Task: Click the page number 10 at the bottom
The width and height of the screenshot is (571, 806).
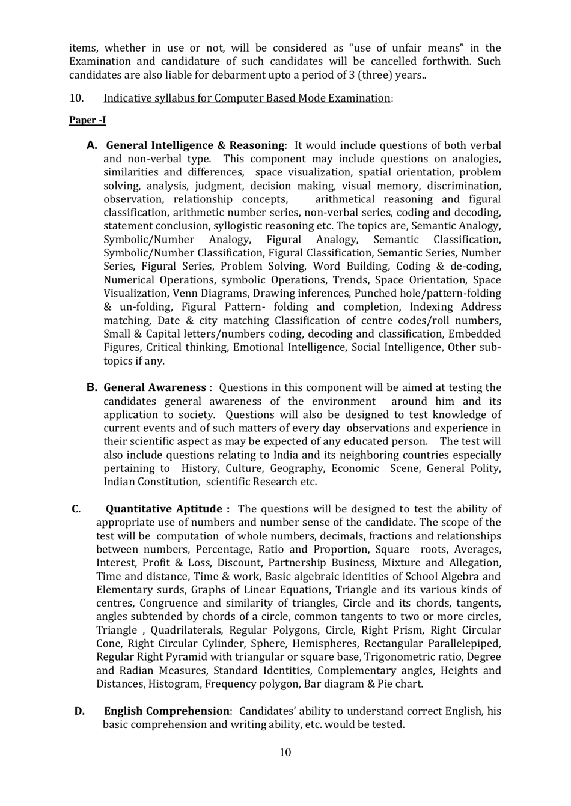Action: tap(285, 753)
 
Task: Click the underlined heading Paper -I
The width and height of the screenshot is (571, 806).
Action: tap(87, 120)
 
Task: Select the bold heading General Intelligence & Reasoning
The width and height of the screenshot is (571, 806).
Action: tap(195, 145)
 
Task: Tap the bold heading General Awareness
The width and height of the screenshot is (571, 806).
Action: tap(154, 388)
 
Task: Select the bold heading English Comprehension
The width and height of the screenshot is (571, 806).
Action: tap(166, 711)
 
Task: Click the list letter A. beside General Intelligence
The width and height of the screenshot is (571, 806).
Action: tap(91, 145)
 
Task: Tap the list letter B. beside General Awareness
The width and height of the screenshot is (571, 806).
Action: tap(91, 388)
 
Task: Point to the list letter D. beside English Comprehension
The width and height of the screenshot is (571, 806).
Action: tap(79, 711)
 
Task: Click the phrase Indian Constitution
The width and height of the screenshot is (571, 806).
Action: tap(151, 482)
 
